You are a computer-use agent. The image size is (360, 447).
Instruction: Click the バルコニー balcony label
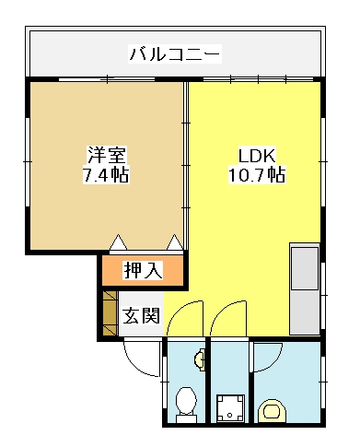point(175,54)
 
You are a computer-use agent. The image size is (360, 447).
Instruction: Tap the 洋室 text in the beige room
point(106,155)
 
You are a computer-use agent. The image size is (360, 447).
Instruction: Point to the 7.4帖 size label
point(106,175)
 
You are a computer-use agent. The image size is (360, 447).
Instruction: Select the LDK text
point(257,156)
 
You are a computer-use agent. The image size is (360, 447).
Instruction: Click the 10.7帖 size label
point(257,175)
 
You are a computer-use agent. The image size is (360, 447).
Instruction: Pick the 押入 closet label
point(143,270)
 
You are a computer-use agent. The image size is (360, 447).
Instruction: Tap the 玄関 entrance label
point(141,315)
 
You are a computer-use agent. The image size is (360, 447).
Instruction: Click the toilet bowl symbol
point(186,404)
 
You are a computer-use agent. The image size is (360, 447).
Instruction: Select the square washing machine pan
point(230,408)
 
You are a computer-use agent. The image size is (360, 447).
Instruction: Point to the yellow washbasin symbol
point(272,410)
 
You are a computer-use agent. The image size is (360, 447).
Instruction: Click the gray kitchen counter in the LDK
point(305,288)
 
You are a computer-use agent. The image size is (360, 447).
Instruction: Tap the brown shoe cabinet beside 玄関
point(110,313)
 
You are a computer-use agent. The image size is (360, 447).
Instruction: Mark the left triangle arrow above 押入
point(119,242)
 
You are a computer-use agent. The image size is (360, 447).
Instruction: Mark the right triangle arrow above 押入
point(175,242)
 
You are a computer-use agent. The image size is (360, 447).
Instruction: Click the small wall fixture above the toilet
point(200,359)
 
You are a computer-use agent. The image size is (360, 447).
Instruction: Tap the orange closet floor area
point(143,270)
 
